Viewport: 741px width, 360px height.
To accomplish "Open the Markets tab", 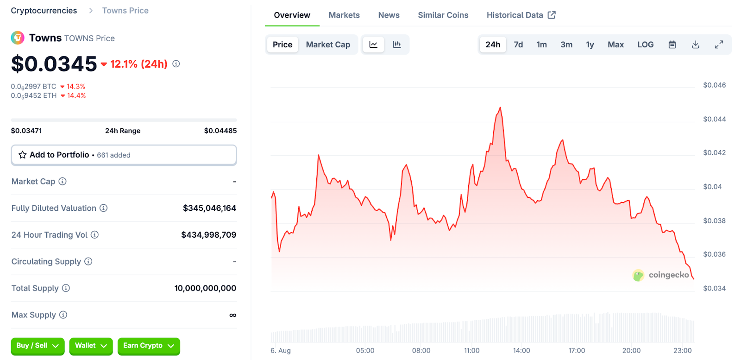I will [x=344, y=15].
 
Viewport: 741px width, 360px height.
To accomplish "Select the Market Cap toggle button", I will [x=328, y=44].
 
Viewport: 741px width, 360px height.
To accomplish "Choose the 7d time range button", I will [x=518, y=44].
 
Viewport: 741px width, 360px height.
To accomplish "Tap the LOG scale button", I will [x=645, y=44].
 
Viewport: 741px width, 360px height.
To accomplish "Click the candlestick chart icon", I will [x=397, y=44].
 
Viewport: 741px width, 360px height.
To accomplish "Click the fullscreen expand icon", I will [x=719, y=44].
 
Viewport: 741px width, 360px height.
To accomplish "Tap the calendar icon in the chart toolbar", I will [x=672, y=44].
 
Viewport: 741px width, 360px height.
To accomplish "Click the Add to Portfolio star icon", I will [x=22, y=155].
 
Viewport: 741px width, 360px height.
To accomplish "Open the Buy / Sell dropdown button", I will [x=38, y=346].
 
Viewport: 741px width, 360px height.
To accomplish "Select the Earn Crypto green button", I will [x=148, y=346].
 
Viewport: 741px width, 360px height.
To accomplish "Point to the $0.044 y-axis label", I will [x=714, y=119].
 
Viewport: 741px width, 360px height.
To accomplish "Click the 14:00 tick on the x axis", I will [x=521, y=351].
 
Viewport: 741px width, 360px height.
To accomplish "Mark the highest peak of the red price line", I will [x=500, y=108].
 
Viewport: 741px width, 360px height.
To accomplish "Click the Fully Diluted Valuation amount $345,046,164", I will [x=209, y=208].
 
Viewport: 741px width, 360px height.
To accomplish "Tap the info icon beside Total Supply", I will [x=66, y=288].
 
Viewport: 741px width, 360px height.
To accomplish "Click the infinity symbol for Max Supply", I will [x=232, y=315].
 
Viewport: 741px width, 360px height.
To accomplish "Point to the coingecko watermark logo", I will [x=638, y=275].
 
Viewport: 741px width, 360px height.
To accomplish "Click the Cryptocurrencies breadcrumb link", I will [x=44, y=11].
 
